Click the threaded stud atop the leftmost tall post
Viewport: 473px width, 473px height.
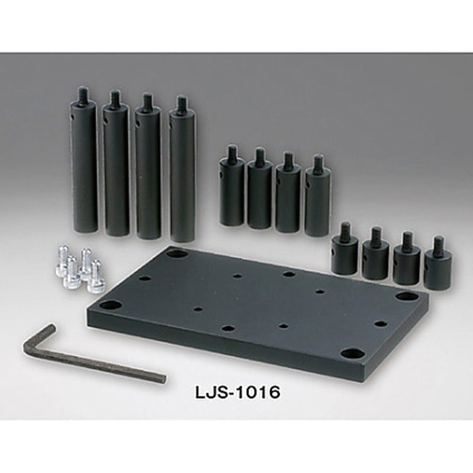(82, 94)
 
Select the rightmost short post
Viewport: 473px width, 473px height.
(438, 269)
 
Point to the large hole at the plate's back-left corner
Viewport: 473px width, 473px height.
(177, 254)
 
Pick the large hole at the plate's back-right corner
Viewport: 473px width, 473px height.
(406, 296)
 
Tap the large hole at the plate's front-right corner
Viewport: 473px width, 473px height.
(353, 354)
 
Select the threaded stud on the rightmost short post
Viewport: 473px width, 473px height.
(438, 245)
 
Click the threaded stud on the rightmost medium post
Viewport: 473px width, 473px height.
(319, 164)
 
